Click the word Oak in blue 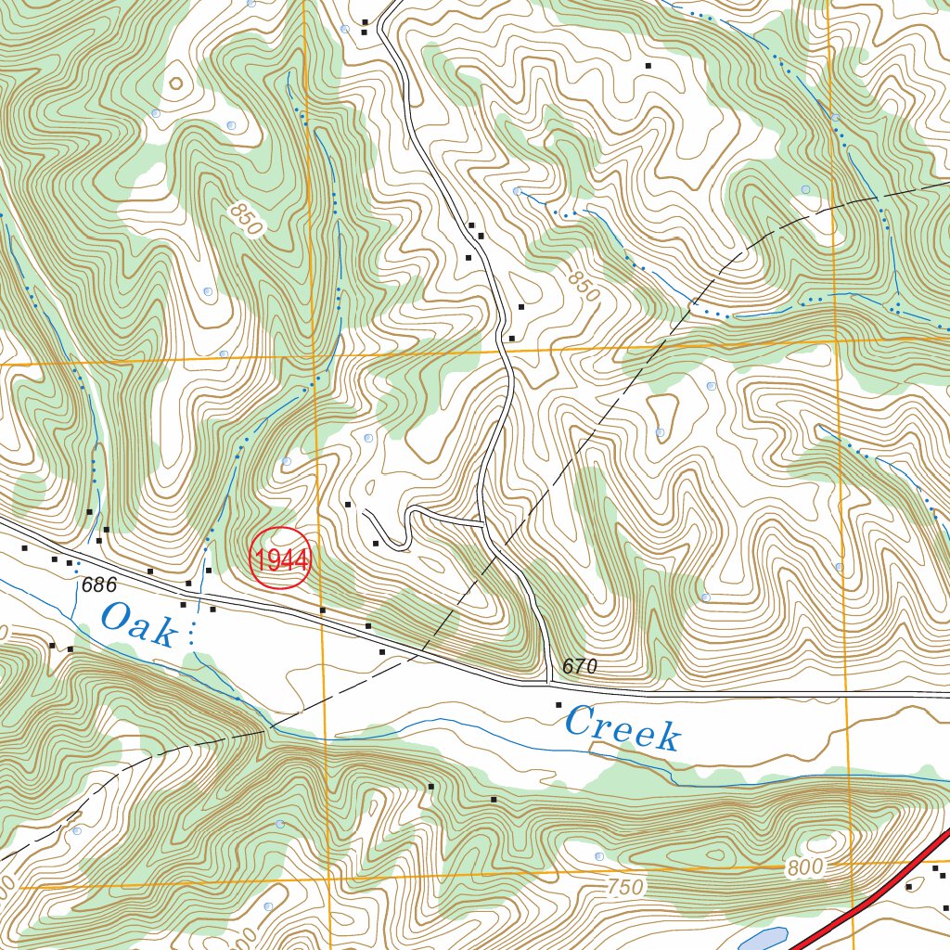click(x=138, y=624)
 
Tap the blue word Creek click(x=623, y=728)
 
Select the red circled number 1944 click(x=281, y=559)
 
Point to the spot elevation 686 click(x=98, y=585)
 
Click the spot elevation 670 click(x=580, y=667)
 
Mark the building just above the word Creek click(x=558, y=705)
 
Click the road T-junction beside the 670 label click(x=547, y=685)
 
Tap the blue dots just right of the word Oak click(x=192, y=634)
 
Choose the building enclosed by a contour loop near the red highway click(x=909, y=887)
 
